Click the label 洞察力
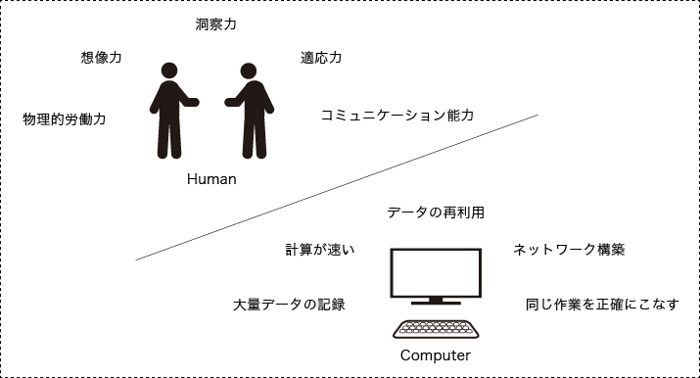pyautogui.click(x=215, y=23)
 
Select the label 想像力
pyautogui.click(x=101, y=58)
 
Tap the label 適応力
pyautogui.click(x=321, y=58)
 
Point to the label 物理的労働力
pyautogui.click(x=64, y=119)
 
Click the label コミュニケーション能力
pyautogui.click(x=397, y=115)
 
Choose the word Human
pyautogui.click(x=211, y=180)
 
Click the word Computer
pyautogui.click(x=436, y=355)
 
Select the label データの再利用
pyautogui.click(x=436, y=212)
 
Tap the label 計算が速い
pyautogui.click(x=319, y=250)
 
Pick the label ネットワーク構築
pyautogui.click(x=569, y=250)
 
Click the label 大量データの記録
pyautogui.click(x=289, y=305)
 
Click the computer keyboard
pyautogui.click(x=436, y=330)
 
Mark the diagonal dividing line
pyautogui.click(x=338, y=187)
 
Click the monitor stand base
pyautogui.click(x=436, y=302)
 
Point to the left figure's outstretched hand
pyautogui.click(x=194, y=101)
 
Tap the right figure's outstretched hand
pyautogui.click(x=230, y=101)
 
